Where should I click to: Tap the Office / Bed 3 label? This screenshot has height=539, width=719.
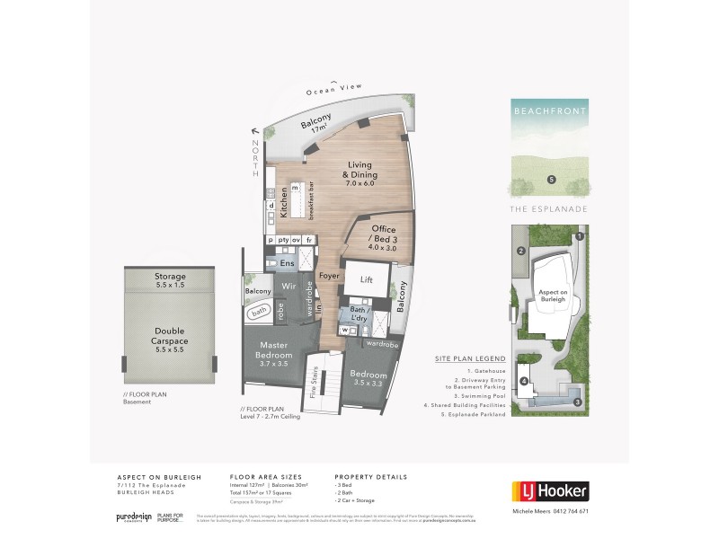[x=376, y=234]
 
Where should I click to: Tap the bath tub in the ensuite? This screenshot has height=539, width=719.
[x=259, y=312]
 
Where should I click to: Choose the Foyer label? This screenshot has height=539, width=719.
[x=328, y=276]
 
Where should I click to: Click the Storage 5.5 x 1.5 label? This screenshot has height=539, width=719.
[x=170, y=280]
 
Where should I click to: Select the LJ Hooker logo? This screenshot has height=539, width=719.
[x=550, y=490]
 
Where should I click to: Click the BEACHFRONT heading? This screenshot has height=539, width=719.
[x=550, y=113]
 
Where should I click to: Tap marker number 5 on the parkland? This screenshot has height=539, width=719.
[x=551, y=180]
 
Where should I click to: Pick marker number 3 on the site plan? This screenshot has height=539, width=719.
[x=578, y=401]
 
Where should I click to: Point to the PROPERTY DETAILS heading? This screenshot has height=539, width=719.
[x=371, y=476]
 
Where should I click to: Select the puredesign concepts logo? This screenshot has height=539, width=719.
[x=134, y=517]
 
